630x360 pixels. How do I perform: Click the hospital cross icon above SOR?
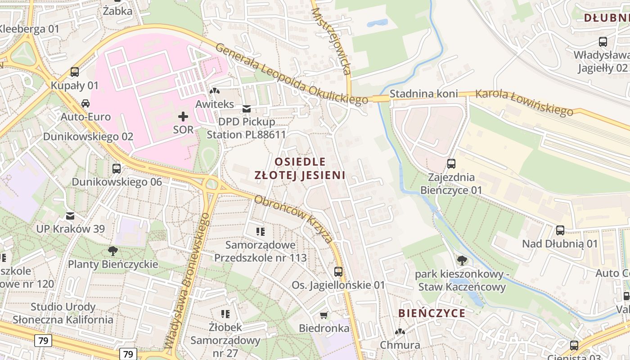click(183, 117)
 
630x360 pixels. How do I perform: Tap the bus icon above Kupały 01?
click(75, 72)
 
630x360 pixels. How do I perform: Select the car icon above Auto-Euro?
click(85, 103)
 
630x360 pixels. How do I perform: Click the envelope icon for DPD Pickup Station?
click(246, 109)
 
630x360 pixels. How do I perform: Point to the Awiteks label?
click(215, 104)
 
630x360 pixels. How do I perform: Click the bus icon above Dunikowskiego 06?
click(117, 169)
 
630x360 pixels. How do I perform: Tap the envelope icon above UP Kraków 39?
click(70, 216)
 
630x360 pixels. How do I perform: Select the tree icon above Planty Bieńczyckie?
click(112, 251)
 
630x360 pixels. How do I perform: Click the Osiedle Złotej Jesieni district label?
click(300, 168)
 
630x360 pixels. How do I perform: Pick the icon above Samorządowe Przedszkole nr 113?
click(261, 232)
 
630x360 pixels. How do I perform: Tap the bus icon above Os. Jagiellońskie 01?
click(338, 272)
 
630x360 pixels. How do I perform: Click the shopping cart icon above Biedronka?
click(324, 315)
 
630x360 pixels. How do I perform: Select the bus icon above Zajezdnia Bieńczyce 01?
click(451, 164)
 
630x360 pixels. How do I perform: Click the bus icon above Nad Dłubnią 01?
click(560, 230)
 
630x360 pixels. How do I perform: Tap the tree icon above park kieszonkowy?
click(462, 260)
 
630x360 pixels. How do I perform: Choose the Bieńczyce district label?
click(432, 313)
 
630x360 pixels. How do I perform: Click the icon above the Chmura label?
click(400, 332)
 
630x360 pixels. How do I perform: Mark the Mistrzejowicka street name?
click(331, 40)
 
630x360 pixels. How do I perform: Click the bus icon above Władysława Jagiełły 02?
click(603, 42)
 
